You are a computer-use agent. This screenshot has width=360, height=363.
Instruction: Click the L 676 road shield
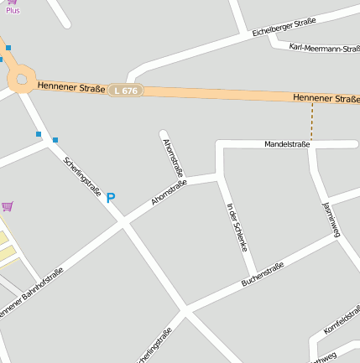tap(125, 90)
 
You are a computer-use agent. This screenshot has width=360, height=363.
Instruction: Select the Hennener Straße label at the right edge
tap(326, 99)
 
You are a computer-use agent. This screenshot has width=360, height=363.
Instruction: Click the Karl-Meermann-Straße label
tap(320, 49)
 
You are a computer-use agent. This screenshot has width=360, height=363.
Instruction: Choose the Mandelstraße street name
tap(287, 144)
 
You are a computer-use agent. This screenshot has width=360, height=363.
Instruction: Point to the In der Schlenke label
tap(237, 226)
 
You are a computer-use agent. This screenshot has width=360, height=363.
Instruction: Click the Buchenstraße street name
tap(263, 274)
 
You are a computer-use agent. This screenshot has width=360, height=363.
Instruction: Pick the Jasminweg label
tap(330, 220)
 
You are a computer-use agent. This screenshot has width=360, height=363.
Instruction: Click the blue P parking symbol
tap(110, 199)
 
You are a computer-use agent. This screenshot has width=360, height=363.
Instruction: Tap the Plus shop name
tap(13, 10)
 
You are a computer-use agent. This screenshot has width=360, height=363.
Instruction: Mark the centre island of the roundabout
tap(21, 80)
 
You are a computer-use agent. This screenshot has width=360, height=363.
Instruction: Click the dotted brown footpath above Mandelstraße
tap(312, 122)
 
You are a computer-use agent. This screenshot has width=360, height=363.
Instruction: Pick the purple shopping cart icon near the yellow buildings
tap(8, 205)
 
